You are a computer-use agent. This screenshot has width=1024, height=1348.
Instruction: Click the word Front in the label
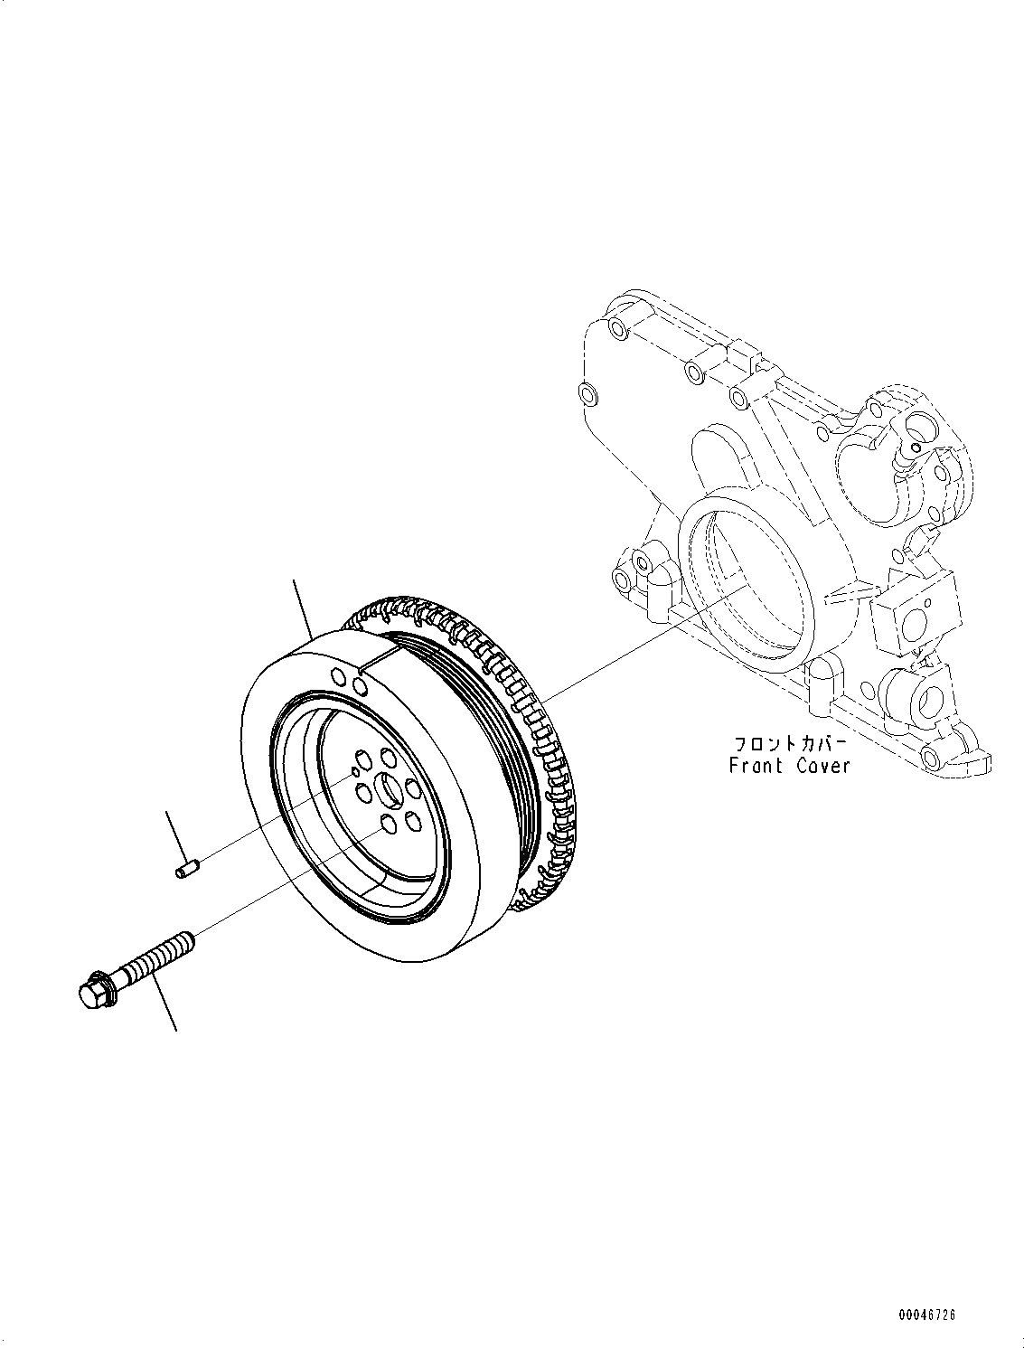coord(756,766)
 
